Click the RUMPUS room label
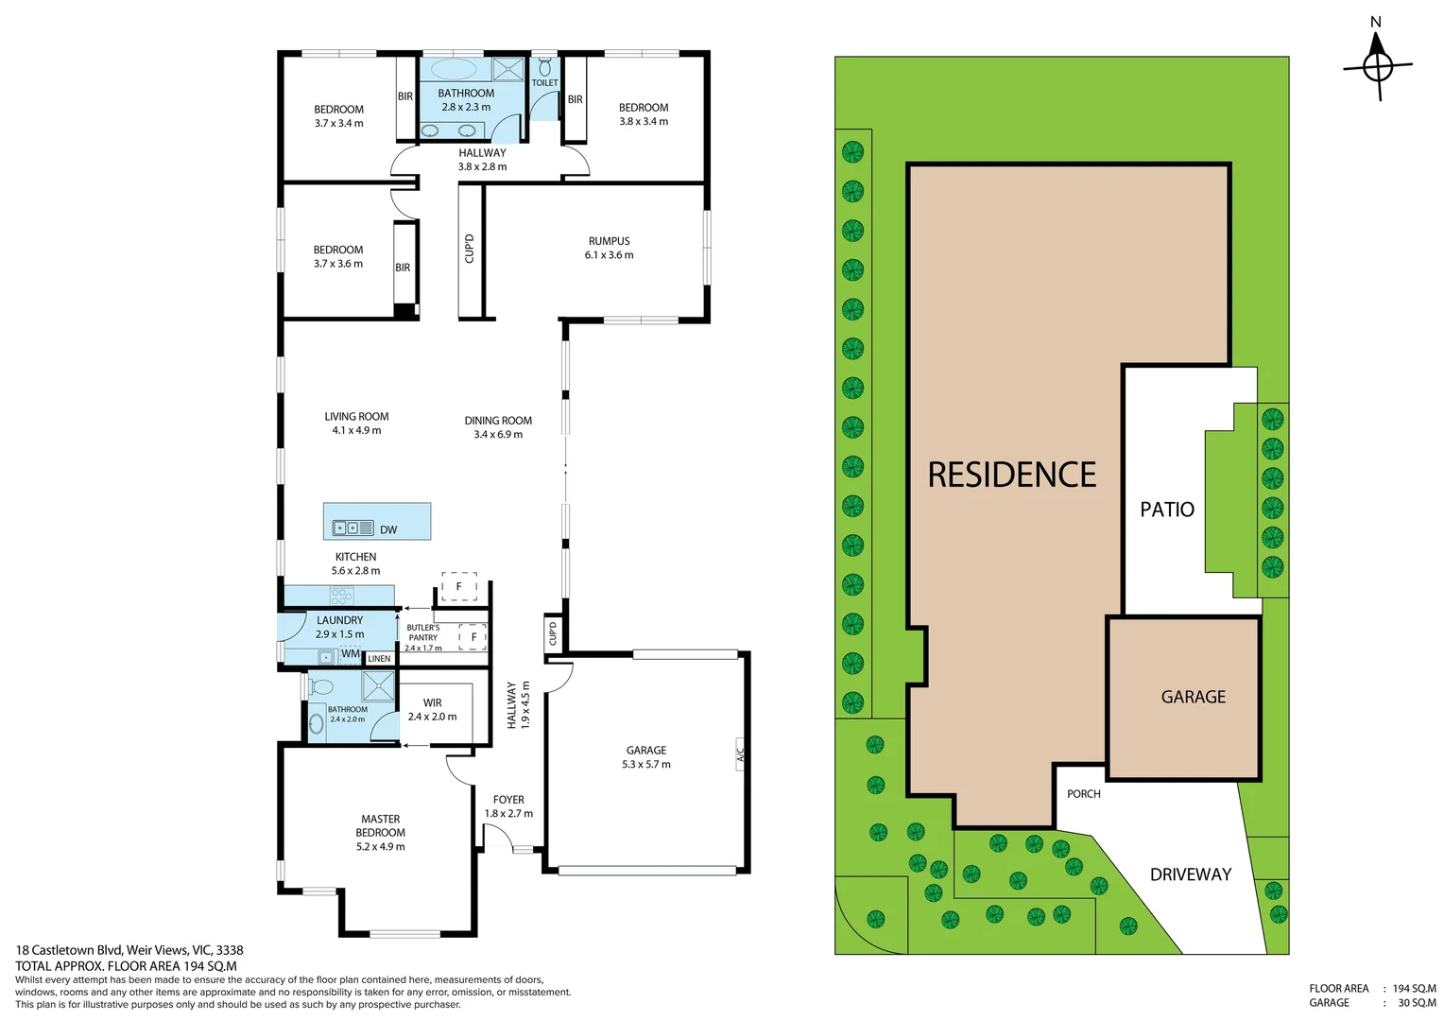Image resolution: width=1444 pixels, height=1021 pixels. click(609, 241)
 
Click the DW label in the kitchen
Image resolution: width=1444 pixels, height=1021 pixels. click(388, 530)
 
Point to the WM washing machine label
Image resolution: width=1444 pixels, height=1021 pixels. click(351, 654)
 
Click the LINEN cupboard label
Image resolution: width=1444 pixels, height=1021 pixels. click(379, 659)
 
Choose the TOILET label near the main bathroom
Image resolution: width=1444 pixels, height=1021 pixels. click(544, 82)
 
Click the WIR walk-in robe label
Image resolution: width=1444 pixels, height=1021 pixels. click(433, 702)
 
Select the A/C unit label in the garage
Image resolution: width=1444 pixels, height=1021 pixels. click(740, 754)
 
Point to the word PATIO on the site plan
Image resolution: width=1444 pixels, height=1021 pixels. click(1167, 510)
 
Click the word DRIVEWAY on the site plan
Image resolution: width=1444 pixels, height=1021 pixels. click(1191, 874)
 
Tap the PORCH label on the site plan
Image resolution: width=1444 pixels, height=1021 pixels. click(1084, 794)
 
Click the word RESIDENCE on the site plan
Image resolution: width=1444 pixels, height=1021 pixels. click(1011, 474)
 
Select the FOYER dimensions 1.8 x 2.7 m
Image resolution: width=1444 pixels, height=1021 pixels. click(508, 814)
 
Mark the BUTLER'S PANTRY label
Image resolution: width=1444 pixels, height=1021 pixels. click(422, 632)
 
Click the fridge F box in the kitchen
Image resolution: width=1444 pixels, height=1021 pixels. click(459, 586)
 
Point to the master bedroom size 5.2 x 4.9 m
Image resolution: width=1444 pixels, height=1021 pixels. click(380, 847)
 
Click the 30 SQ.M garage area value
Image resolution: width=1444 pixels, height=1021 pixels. click(1417, 1003)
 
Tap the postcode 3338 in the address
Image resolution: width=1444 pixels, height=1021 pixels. click(230, 950)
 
